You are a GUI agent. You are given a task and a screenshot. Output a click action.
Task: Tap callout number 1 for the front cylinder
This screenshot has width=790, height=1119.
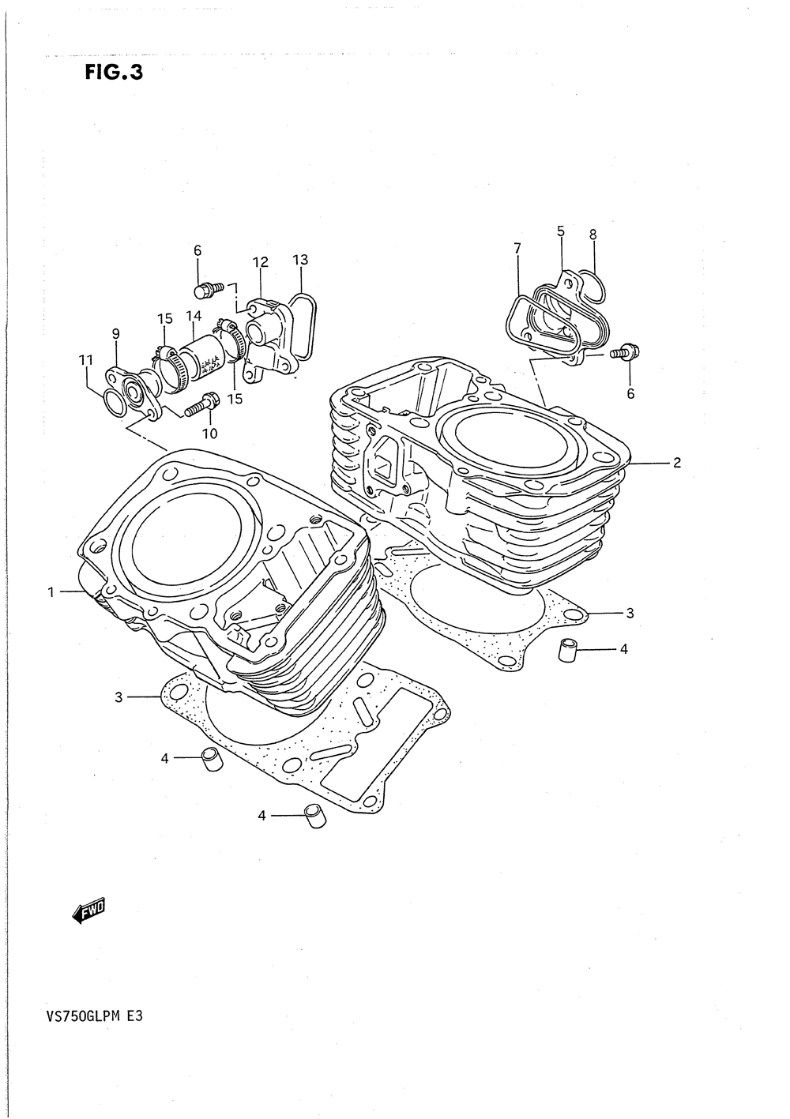tap(51, 591)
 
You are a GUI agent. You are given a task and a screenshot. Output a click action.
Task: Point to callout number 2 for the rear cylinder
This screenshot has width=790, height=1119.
tap(676, 463)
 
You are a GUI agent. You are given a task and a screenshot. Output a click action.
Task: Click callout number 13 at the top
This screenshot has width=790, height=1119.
tap(299, 259)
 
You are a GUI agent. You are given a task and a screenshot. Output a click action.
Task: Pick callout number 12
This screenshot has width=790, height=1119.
tap(261, 262)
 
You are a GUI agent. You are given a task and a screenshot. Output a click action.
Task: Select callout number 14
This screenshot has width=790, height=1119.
tap(194, 315)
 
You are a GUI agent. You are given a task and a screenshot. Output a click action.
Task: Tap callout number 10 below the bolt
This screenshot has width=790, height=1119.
tap(209, 433)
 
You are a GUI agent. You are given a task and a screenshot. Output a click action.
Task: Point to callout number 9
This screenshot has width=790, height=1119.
tap(115, 334)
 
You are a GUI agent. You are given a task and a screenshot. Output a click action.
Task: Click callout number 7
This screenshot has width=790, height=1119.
tap(517, 249)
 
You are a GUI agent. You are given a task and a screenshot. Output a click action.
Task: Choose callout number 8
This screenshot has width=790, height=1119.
tap(592, 234)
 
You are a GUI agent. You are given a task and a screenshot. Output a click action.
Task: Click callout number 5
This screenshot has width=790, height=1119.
tap(560, 231)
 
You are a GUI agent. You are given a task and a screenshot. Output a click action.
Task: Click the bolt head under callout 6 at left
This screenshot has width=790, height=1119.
tap(205, 291)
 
